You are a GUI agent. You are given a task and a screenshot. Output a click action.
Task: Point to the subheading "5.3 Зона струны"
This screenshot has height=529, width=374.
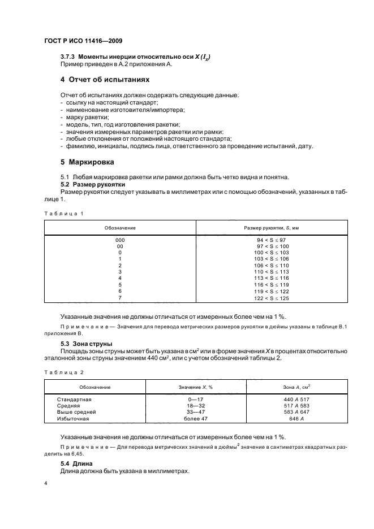pos(86,343)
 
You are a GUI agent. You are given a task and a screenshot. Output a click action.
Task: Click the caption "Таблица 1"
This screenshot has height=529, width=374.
pos(63,213)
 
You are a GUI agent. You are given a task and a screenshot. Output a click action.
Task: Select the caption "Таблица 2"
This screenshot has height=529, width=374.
pos(63,372)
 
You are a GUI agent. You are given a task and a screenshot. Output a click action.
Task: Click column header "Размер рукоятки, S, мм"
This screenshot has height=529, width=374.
pos(272,227)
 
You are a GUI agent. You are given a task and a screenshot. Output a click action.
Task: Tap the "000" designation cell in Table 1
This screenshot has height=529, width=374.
pos(120,240)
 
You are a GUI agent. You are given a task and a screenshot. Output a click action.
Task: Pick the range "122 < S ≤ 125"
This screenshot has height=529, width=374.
pos(273,298)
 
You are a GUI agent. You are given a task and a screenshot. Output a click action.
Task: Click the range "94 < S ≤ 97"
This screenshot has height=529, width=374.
pos(273,240)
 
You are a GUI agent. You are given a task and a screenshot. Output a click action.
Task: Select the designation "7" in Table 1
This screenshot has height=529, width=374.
pos(120,298)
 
